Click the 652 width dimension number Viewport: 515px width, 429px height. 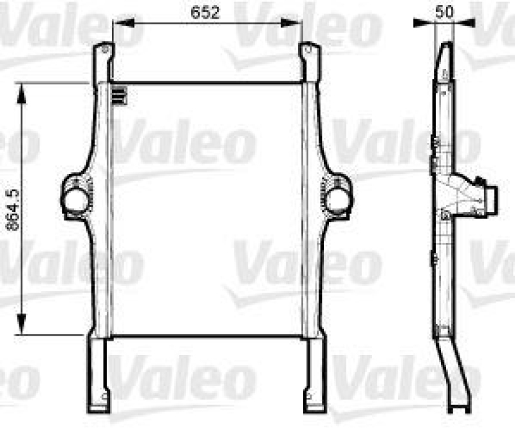click(207, 11)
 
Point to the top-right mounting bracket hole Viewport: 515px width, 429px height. click(308, 50)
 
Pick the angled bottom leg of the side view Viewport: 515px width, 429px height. click(457, 374)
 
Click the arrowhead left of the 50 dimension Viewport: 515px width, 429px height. click(426, 24)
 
